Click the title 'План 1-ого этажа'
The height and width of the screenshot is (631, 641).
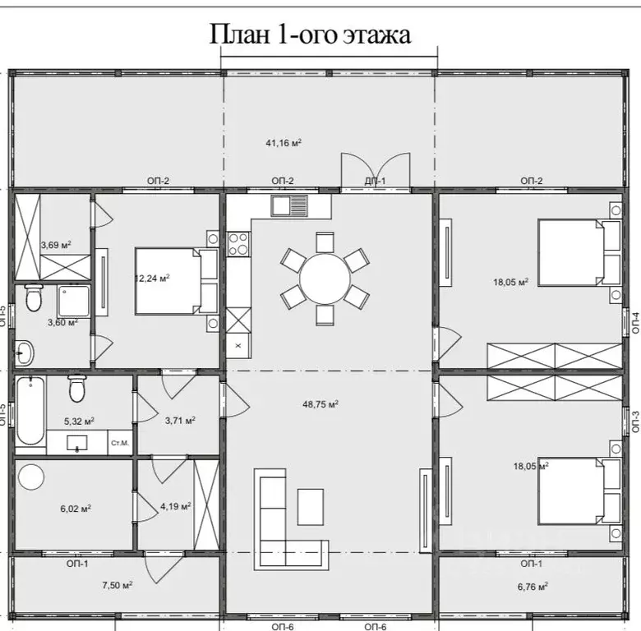click(x=311, y=34)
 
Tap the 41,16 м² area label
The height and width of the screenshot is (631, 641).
click(x=283, y=142)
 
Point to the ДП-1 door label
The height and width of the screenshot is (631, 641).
click(x=375, y=181)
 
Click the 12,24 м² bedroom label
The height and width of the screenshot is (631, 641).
click(x=151, y=278)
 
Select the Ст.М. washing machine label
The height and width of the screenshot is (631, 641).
click(x=119, y=444)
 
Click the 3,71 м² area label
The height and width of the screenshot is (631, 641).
click(x=180, y=421)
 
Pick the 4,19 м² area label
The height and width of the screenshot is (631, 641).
click(x=176, y=506)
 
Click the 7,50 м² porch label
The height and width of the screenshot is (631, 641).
click(x=117, y=585)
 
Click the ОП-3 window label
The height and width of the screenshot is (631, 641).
click(x=635, y=420)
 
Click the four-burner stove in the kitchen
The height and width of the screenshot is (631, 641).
click(x=238, y=242)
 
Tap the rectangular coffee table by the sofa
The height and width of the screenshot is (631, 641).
click(x=311, y=506)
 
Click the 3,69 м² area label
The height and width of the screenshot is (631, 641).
click(x=56, y=245)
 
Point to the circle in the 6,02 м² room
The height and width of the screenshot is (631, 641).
click(x=32, y=477)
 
